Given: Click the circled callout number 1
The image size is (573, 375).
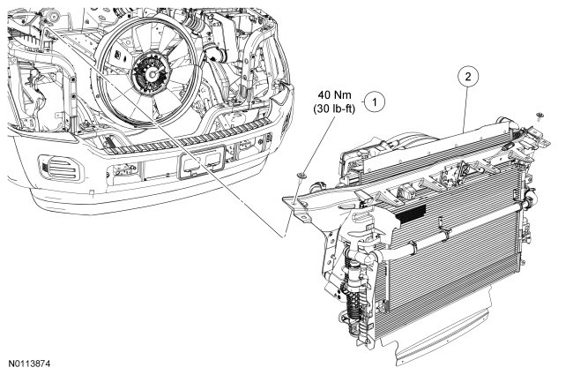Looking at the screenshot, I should click(x=376, y=102).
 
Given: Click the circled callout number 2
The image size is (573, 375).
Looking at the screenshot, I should click(x=468, y=78).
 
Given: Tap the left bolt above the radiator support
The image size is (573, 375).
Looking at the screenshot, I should click(x=302, y=179).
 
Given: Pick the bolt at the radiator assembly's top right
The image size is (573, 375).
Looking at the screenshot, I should click(x=539, y=116).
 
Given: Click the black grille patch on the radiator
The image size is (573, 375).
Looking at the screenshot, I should click(x=408, y=213).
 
